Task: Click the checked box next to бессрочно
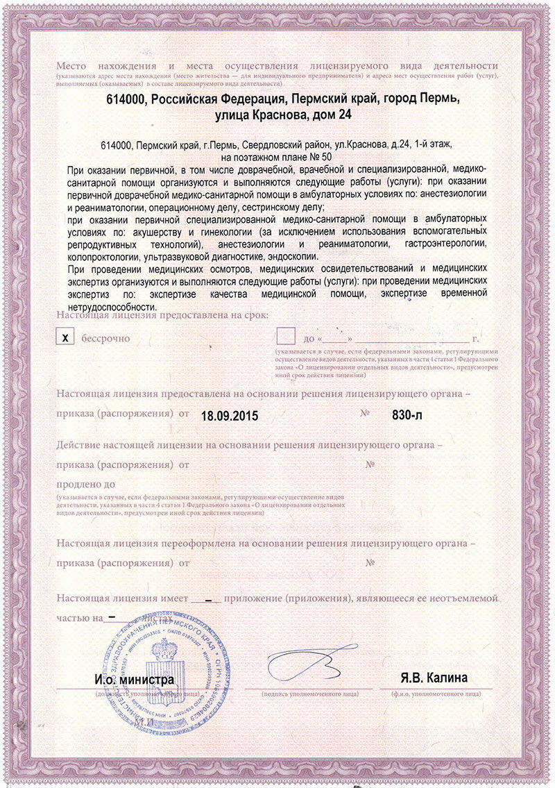tap(66, 338)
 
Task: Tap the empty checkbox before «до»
tap(285, 337)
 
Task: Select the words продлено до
tap(86, 484)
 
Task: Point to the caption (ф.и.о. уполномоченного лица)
tap(436, 694)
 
